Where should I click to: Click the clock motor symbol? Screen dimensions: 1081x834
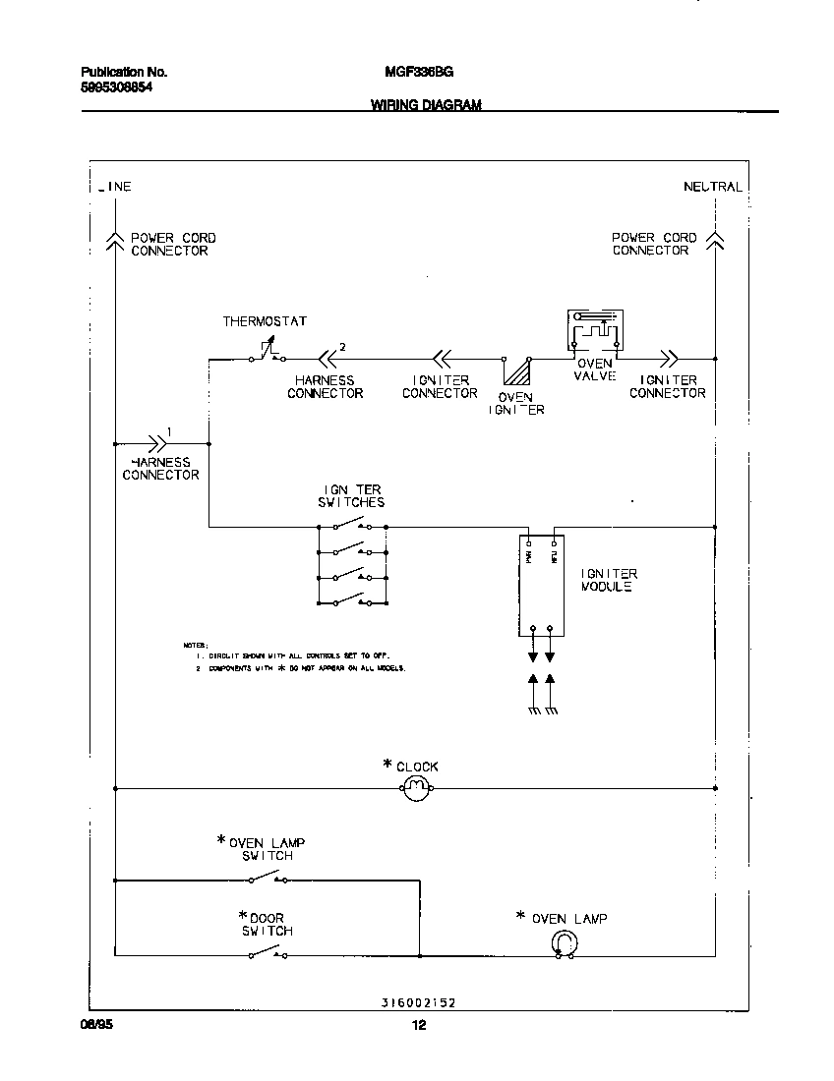pos(416,787)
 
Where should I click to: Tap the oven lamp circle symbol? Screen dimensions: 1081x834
pos(563,943)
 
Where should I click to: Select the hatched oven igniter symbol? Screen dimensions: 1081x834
pos(516,375)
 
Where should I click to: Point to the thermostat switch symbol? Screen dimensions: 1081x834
pos(266,354)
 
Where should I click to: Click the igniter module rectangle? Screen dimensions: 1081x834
pos(542,587)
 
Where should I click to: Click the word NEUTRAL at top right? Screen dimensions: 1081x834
pos(713,187)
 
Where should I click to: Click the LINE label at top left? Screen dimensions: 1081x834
pos(115,187)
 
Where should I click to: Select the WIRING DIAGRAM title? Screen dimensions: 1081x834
pos(426,105)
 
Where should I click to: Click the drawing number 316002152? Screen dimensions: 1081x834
pos(418,1003)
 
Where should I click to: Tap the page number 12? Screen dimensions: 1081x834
pos(418,1026)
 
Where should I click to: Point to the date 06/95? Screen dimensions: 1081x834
pos(91,1025)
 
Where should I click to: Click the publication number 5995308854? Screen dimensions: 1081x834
pos(116,87)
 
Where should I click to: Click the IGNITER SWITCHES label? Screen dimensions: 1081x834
pos(351,495)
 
